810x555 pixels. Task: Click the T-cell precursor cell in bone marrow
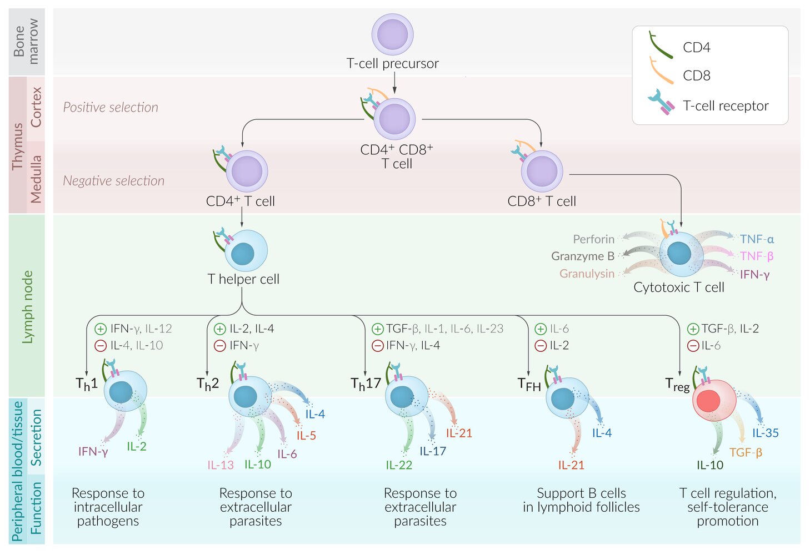392,34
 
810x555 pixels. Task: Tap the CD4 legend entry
696,48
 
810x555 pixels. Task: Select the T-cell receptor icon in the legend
661,103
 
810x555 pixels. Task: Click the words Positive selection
111,107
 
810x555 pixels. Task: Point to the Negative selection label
113,180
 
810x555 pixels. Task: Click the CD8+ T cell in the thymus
542,171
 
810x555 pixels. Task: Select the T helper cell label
243,279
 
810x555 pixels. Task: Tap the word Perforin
593,239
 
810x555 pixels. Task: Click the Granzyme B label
583,256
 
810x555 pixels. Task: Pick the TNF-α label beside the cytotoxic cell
757,239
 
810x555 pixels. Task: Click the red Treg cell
714,401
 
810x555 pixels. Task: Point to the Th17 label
366,384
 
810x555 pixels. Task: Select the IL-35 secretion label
766,433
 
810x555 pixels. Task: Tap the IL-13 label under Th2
221,465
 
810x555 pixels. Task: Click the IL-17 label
433,451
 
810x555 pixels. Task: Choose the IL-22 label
399,465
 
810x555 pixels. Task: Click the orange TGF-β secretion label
746,452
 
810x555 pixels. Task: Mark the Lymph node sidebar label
27,307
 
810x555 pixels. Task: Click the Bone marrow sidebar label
26,42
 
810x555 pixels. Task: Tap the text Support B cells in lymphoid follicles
581,500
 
